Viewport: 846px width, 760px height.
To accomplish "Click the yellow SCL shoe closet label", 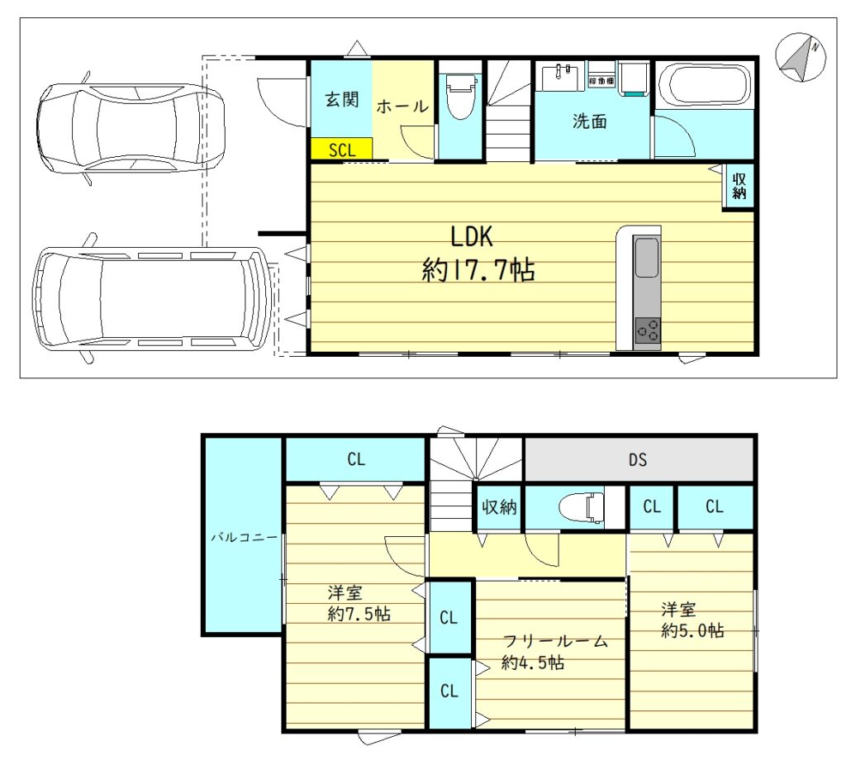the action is [342, 150].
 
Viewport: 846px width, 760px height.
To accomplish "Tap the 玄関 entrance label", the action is [341, 99].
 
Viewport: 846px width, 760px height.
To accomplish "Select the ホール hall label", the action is [402, 107].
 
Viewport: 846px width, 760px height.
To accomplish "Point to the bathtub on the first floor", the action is [704, 86].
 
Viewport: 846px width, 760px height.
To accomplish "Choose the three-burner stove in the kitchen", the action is [648, 330].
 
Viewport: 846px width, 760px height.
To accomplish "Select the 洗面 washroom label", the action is [589, 121].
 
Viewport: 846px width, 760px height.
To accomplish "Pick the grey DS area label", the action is [637, 459].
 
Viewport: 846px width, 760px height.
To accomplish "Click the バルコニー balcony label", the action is [244, 537].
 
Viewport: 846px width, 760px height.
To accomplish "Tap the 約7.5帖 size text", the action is [359, 614].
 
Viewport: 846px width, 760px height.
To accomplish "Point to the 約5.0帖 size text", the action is [693, 630].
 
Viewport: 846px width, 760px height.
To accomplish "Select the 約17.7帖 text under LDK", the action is [478, 269].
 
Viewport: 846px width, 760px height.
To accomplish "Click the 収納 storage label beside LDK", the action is [739, 186].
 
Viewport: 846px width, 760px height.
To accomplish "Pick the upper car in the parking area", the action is [131, 128].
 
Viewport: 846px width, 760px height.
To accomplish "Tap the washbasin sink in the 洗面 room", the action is [562, 78].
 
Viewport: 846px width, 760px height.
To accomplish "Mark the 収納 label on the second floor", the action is [499, 507].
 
